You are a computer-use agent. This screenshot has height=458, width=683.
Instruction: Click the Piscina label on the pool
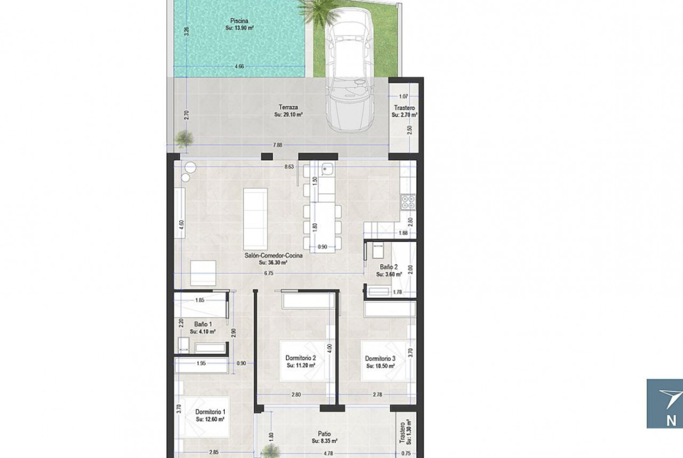click(x=239, y=20)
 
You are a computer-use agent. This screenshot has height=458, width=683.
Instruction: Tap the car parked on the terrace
click(x=351, y=70)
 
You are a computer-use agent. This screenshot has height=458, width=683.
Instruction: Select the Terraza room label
click(x=288, y=107)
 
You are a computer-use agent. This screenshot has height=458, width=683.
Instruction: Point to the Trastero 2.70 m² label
click(x=404, y=111)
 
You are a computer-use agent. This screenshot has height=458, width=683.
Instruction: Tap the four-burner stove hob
click(x=408, y=201)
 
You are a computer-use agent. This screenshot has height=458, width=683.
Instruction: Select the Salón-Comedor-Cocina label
click(x=274, y=256)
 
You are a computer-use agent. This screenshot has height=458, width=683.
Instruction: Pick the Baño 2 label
click(x=389, y=267)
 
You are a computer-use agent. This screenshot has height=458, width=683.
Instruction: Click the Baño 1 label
click(x=203, y=324)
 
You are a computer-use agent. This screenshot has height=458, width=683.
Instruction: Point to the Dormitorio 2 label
click(x=301, y=358)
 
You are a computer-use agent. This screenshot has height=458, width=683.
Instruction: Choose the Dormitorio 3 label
click(x=380, y=359)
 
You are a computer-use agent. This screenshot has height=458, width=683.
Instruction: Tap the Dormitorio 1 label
click(x=210, y=412)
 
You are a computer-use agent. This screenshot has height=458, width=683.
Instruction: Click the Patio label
click(x=324, y=434)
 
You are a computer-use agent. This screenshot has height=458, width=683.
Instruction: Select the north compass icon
click(x=665, y=404)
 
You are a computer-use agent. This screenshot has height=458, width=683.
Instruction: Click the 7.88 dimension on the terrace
click(x=277, y=145)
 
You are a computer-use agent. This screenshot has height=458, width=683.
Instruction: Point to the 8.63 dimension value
click(x=289, y=166)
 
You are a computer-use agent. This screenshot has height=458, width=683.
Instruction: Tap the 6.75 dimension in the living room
click(x=269, y=274)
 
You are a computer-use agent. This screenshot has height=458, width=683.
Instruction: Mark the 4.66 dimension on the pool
click(x=239, y=67)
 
